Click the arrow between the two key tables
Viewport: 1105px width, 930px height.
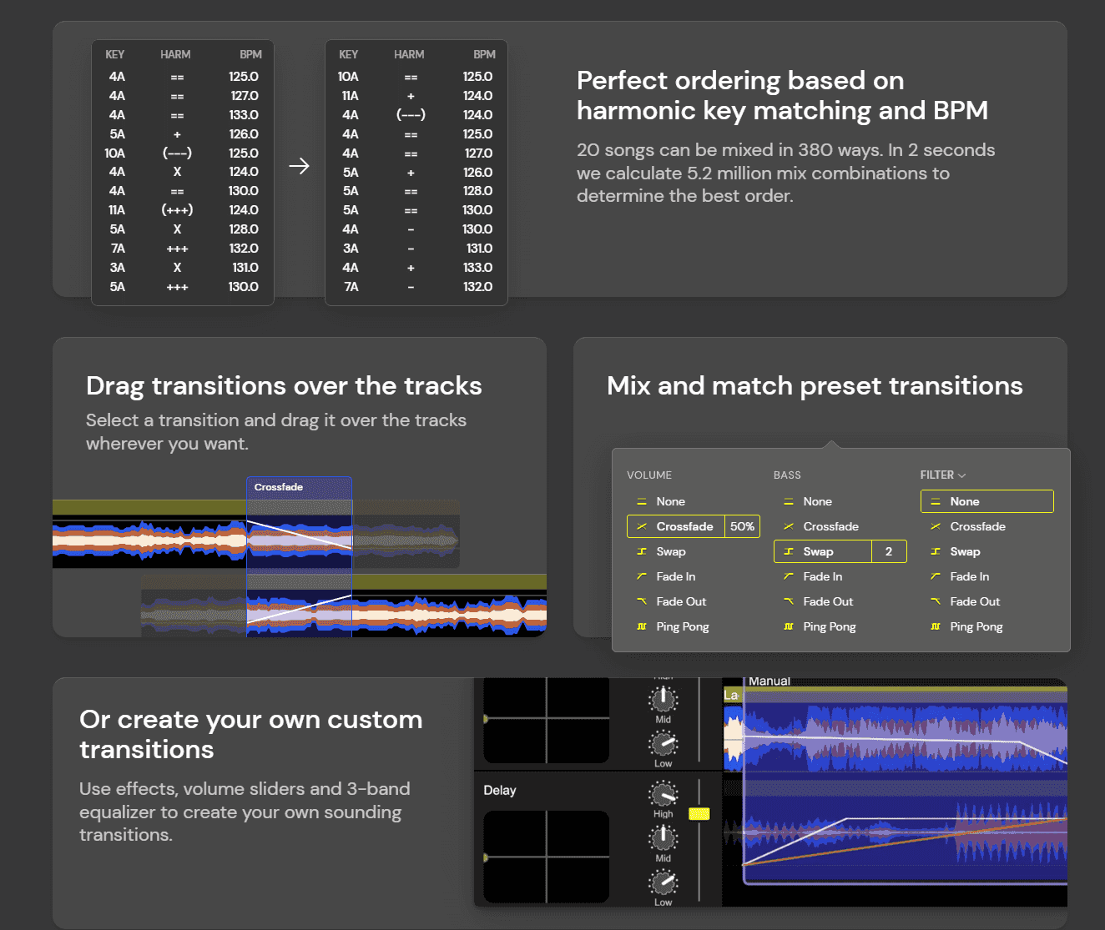[x=299, y=166]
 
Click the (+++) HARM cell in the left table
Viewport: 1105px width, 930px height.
[x=177, y=210]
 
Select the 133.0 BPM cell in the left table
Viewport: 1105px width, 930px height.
[x=244, y=115]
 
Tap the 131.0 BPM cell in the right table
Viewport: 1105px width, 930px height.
[x=479, y=249]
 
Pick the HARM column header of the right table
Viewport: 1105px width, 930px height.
[x=409, y=54]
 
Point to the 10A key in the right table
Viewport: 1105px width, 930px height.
[x=348, y=77]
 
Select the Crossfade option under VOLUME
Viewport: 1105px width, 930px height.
[x=684, y=526]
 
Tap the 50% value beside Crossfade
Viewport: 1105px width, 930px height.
[x=742, y=526]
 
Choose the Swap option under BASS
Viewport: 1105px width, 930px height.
[x=818, y=551]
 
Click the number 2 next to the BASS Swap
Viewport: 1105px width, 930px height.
[x=889, y=551]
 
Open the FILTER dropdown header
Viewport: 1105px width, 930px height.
[x=943, y=475]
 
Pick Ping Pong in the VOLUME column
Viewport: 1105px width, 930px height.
[x=682, y=626]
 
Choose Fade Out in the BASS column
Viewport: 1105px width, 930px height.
[x=828, y=601]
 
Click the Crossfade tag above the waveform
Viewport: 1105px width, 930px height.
[x=279, y=487]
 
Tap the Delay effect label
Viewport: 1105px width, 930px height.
[x=500, y=790]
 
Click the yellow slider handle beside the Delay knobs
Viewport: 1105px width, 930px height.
[x=699, y=813]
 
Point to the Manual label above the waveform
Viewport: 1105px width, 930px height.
[x=769, y=681]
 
